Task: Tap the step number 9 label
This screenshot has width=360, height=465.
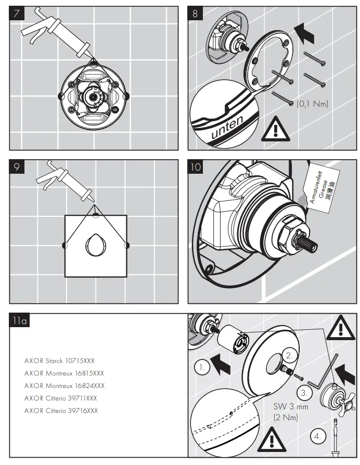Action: tap(17, 167)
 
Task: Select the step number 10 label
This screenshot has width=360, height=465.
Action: tap(196, 167)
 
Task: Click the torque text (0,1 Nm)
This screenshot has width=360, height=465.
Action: tap(313, 104)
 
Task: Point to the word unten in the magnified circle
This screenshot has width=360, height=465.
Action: tap(227, 128)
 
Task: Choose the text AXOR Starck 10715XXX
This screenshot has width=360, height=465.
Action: tap(59, 360)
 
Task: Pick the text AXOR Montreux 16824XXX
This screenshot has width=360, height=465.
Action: tap(64, 385)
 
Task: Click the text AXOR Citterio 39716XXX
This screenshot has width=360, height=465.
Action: tap(61, 410)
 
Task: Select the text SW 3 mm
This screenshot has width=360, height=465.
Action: tap(290, 407)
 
